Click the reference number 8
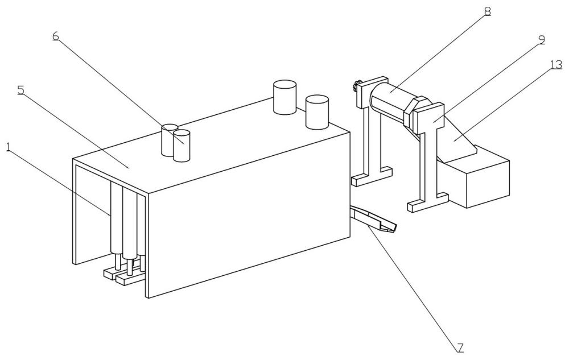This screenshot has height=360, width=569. coord(488,10)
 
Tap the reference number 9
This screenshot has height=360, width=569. coord(541,40)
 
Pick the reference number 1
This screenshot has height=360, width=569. coord(7,146)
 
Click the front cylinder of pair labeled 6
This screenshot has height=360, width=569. coord(182,146)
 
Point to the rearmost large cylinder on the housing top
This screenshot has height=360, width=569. coord(284,97)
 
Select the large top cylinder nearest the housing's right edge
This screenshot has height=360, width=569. coord(317,111)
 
